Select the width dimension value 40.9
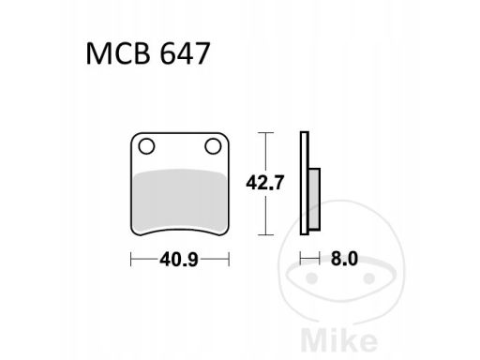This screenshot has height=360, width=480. [x=179, y=256]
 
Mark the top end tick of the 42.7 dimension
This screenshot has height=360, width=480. [x=266, y=134]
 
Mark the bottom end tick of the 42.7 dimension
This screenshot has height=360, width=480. [x=266, y=233]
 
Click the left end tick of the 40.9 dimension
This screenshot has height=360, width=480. [x=131, y=256]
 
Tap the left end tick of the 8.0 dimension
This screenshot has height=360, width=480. [x=301, y=256]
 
